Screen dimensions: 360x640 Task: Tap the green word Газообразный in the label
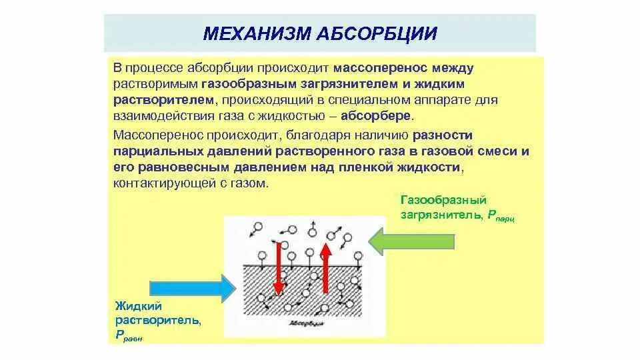(x=443, y=199)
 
